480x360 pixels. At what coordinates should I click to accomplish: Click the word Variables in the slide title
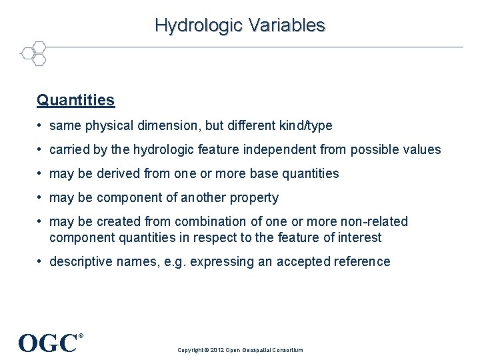[x=287, y=25]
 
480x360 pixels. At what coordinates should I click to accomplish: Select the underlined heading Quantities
[x=75, y=100]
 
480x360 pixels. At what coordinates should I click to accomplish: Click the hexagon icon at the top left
[x=33, y=53]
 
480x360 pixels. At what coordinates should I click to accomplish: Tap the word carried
[x=69, y=149]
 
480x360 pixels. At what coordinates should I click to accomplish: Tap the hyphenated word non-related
[x=370, y=221]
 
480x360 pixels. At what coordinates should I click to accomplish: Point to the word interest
[x=360, y=237]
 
